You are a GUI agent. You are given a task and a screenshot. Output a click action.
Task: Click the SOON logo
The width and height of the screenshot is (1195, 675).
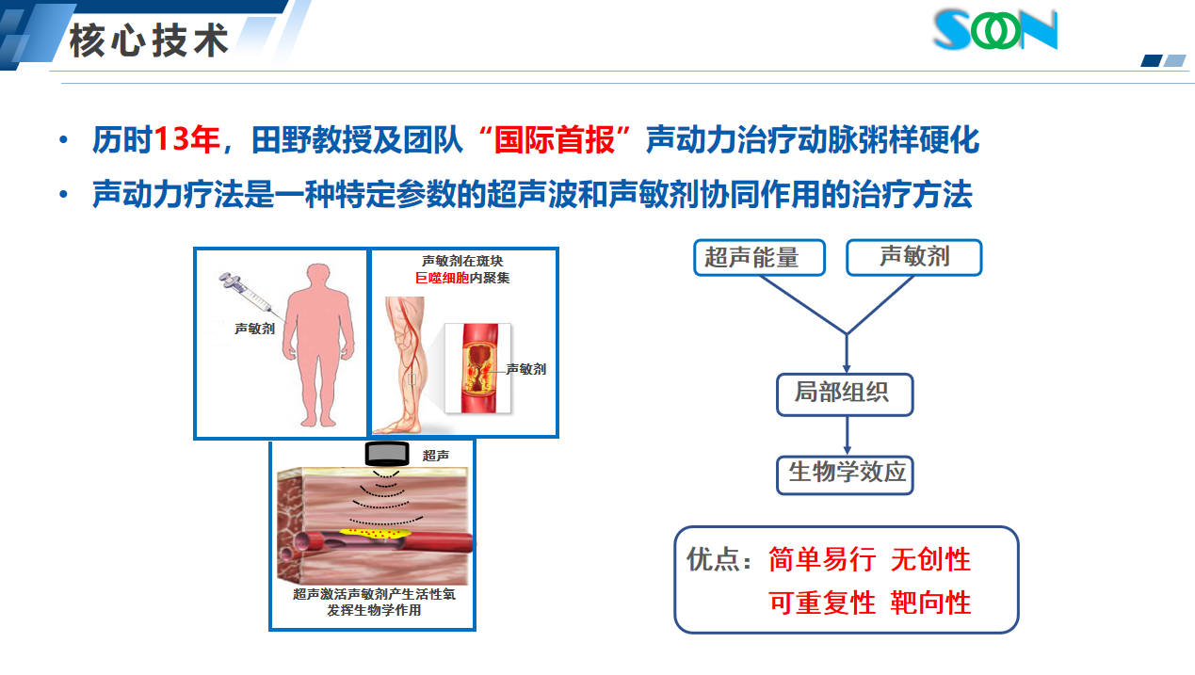(x=995, y=30)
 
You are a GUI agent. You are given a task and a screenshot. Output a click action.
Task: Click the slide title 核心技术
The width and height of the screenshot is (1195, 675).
(x=150, y=40)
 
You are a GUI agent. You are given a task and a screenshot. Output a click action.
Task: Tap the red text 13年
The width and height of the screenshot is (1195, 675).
(x=186, y=139)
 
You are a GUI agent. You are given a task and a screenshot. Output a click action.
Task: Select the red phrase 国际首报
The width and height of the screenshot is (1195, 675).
(x=555, y=139)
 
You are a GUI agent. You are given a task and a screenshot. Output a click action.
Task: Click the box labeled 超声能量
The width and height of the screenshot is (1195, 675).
(x=759, y=258)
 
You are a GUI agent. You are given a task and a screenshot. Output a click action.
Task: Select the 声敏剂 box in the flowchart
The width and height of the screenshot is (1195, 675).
(x=913, y=258)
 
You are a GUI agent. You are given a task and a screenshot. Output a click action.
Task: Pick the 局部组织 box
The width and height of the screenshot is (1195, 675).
(x=845, y=394)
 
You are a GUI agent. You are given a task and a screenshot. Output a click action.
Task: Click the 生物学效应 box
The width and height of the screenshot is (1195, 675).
(x=845, y=474)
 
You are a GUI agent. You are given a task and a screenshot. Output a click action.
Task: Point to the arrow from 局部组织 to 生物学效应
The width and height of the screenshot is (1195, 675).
(x=847, y=436)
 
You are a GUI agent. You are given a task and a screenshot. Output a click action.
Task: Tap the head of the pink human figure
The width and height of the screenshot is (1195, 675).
(x=318, y=277)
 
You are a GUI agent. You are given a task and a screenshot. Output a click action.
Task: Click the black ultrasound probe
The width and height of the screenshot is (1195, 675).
(x=387, y=454)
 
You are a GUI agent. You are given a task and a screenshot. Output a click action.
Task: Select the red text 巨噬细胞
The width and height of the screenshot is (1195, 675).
(x=442, y=278)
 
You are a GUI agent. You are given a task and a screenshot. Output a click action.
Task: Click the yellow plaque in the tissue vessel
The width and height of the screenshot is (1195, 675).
(x=376, y=533)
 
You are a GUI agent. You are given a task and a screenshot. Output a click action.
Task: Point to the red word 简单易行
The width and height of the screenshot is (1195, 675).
(x=822, y=560)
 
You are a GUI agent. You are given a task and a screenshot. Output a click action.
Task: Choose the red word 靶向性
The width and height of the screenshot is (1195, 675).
(x=930, y=603)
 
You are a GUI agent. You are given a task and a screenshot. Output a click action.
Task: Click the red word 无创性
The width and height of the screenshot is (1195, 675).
(x=930, y=560)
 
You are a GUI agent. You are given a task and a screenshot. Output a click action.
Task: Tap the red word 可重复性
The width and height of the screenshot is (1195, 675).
(x=822, y=603)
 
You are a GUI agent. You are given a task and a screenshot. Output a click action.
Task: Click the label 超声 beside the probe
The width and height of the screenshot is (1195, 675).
(x=435, y=456)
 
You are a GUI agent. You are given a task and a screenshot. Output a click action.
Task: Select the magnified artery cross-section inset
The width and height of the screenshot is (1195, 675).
(x=477, y=368)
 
